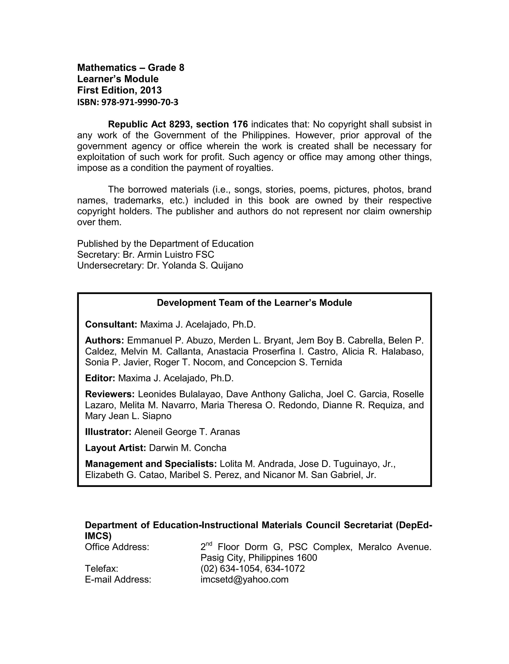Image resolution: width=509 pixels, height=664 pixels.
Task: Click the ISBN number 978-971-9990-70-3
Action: coord(140,102)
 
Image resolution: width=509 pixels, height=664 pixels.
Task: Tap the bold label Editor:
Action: coord(100,378)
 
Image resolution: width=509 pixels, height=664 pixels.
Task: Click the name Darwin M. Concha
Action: coord(188,448)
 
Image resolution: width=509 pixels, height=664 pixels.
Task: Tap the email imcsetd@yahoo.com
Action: coord(244,579)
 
